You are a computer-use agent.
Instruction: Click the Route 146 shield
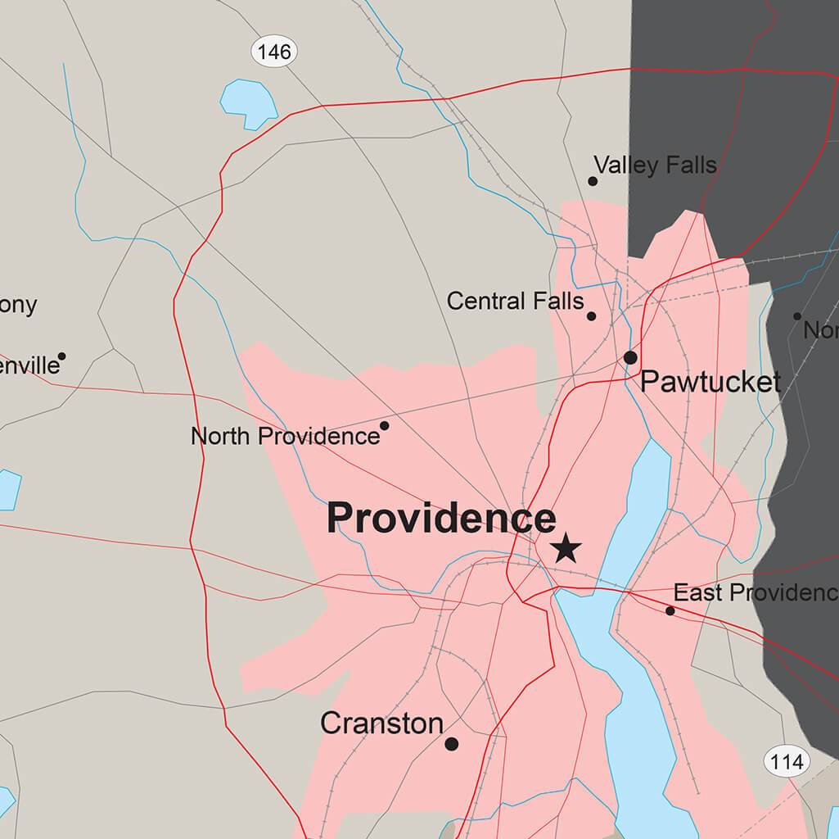[273, 52]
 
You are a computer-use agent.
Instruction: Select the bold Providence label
[441, 519]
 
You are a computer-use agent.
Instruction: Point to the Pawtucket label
[710, 382]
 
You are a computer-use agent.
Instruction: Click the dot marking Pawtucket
[630, 357]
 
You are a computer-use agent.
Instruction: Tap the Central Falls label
[515, 302]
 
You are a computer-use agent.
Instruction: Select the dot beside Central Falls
[591, 316]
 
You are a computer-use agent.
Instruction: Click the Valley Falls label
[655, 166]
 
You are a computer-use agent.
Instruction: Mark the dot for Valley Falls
[593, 181]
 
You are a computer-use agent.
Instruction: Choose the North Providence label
[285, 436]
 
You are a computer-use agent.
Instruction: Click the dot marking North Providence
[385, 425]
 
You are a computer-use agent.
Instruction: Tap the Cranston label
[381, 723]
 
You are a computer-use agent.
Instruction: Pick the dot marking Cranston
[451, 744]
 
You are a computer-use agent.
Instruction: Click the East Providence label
[755, 592]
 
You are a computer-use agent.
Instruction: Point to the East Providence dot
[670, 610]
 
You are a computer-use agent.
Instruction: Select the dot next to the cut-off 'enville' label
[61, 356]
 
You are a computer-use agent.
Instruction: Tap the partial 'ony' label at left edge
[18, 305]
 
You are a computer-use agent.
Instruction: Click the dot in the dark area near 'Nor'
[797, 316]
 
